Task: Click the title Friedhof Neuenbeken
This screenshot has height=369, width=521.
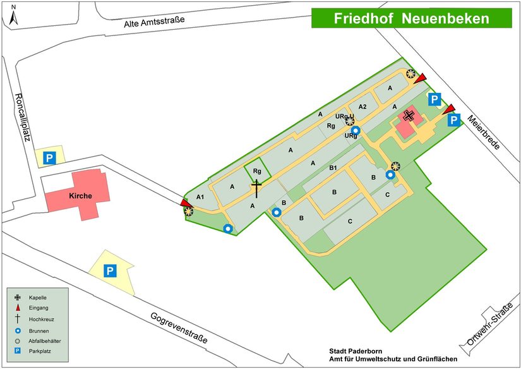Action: pyautogui.click(x=411, y=18)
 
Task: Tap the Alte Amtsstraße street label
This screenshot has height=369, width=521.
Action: pyautogui.click(x=154, y=23)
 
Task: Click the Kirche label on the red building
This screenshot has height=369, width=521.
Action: pyautogui.click(x=80, y=196)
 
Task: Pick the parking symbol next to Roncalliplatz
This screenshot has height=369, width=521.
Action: pyautogui.click(x=49, y=158)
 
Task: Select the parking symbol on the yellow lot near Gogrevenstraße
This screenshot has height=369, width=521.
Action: pyautogui.click(x=110, y=271)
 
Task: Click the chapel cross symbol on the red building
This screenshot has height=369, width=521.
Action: pyautogui.click(x=409, y=115)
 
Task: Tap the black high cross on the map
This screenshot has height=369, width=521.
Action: pyautogui.click(x=256, y=188)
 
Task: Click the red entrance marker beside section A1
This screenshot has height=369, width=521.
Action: pyautogui.click(x=184, y=202)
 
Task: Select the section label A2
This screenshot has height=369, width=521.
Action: pyautogui.click(x=362, y=106)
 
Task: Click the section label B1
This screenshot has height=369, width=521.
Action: pyautogui.click(x=333, y=167)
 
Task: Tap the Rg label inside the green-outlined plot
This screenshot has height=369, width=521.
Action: pyautogui.click(x=257, y=171)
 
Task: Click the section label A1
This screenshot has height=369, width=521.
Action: pyautogui.click(x=201, y=198)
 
